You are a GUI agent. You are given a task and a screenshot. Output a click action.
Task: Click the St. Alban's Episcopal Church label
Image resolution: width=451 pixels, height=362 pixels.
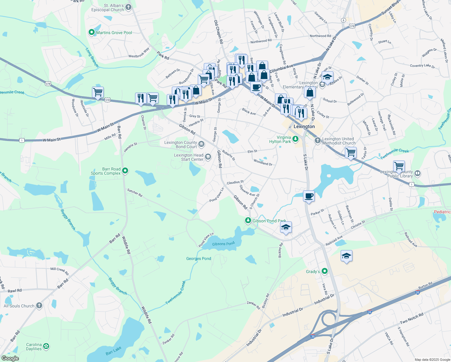point(108,8)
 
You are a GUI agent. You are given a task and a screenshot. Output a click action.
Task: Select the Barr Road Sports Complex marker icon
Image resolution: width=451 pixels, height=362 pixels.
point(125,171)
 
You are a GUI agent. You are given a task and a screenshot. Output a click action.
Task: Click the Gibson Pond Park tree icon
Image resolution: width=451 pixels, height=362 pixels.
point(248,221)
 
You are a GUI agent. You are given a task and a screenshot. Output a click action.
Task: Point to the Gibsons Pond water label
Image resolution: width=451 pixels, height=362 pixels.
point(223,244)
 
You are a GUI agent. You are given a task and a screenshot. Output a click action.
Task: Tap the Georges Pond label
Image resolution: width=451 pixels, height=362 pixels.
point(198,259)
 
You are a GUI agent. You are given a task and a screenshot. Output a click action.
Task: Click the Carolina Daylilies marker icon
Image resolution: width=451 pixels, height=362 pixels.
point(46,346)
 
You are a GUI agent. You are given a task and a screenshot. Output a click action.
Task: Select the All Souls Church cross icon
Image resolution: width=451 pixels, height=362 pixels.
point(39,306)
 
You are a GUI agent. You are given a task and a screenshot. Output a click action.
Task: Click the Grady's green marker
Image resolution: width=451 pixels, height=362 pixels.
point(325,271)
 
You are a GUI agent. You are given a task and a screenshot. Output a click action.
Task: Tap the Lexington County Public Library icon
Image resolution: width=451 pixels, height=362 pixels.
point(418,173)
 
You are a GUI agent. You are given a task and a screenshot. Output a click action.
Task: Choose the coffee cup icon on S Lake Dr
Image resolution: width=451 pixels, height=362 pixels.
point(309,196)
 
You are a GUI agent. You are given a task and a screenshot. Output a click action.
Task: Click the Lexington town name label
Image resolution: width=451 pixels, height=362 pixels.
point(304,126)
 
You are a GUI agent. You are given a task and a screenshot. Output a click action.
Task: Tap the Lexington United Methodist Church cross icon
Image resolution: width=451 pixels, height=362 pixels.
point(317,141)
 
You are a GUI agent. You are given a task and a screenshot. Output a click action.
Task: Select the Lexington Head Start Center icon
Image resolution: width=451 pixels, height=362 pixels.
point(208,157)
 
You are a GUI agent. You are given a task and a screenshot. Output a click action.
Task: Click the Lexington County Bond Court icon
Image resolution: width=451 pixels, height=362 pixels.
point(201,144)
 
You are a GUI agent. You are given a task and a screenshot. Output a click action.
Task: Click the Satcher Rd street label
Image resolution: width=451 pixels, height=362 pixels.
point(135,193)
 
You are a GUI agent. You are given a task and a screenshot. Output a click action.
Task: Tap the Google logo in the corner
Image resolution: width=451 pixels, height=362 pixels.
point(10,358)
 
